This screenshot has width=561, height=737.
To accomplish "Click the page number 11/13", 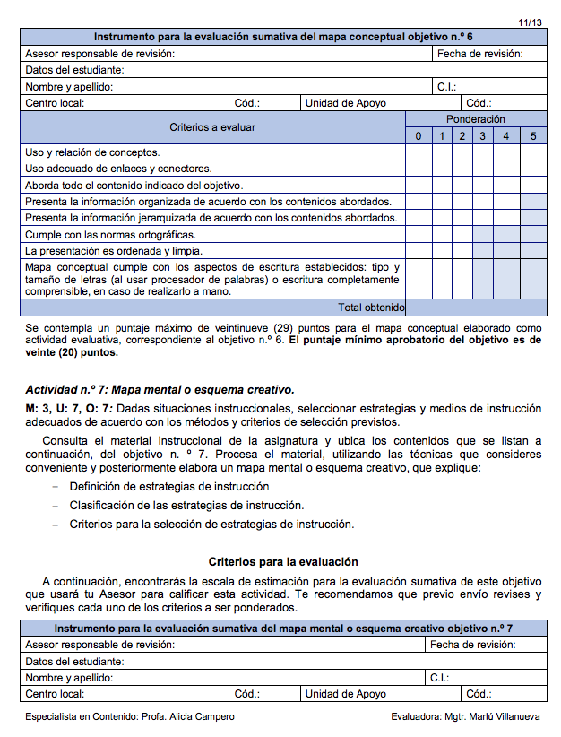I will pos(530,21).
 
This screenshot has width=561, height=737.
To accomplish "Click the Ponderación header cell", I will pos(475,119).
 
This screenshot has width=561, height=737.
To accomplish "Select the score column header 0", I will pos(418,136).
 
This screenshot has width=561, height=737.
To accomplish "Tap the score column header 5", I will pos(532,136).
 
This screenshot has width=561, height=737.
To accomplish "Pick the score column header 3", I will pos(482,136).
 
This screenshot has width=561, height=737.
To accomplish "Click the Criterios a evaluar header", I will pos(212,127).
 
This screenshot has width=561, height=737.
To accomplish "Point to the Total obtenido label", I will pos(371,308).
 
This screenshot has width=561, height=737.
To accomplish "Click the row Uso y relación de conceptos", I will pos(92,152).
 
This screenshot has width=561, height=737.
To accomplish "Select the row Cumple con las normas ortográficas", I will pos(110,234).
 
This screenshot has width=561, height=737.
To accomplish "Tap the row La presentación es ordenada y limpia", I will pos(113,250).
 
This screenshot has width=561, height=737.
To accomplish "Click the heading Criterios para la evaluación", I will pos(283,562).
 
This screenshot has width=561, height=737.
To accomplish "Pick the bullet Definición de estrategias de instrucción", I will pos(169,487).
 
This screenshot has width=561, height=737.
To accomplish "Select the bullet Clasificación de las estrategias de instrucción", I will pos(186,506).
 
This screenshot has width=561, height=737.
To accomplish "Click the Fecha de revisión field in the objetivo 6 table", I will pos(479,54).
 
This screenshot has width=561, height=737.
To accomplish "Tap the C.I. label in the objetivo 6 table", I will pos(446,87).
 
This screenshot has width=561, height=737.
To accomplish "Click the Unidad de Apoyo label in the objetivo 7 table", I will pos(345,694).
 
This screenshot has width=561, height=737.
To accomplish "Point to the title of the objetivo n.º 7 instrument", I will pos(283,629).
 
